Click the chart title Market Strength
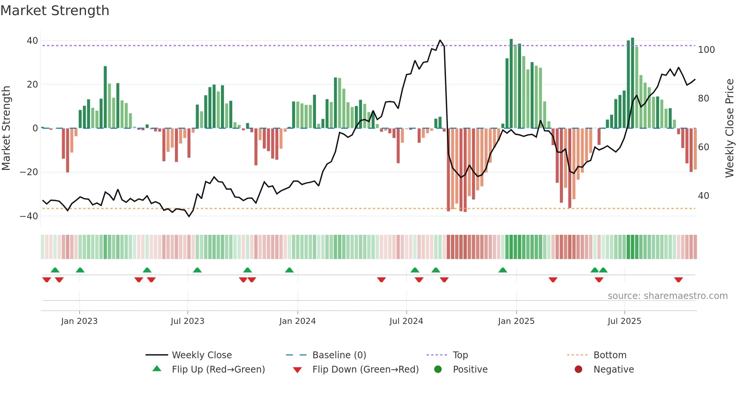coord(55,11)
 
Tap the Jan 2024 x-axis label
coord(297,321)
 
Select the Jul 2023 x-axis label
coord(187,321)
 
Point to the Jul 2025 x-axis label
coord(624,321)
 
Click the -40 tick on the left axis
coord(29,216)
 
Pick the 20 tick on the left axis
coord(32,85)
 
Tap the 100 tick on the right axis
coord(706,50)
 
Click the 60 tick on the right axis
coord(704,147)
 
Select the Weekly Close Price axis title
coord(730,128)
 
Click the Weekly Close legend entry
coord(202,355)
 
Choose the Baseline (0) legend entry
coord(339,355)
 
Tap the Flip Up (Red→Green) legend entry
coord(218,370)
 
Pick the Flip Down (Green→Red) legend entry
coord(365,370)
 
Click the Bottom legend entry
coord(610,355)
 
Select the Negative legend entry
coord(613,370)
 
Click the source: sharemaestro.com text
coord(667,296)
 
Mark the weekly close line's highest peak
coord(440,40)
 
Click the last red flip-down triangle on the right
coord(679,280)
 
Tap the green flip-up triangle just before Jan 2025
coord(503,270)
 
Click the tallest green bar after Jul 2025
coord(633,83)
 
